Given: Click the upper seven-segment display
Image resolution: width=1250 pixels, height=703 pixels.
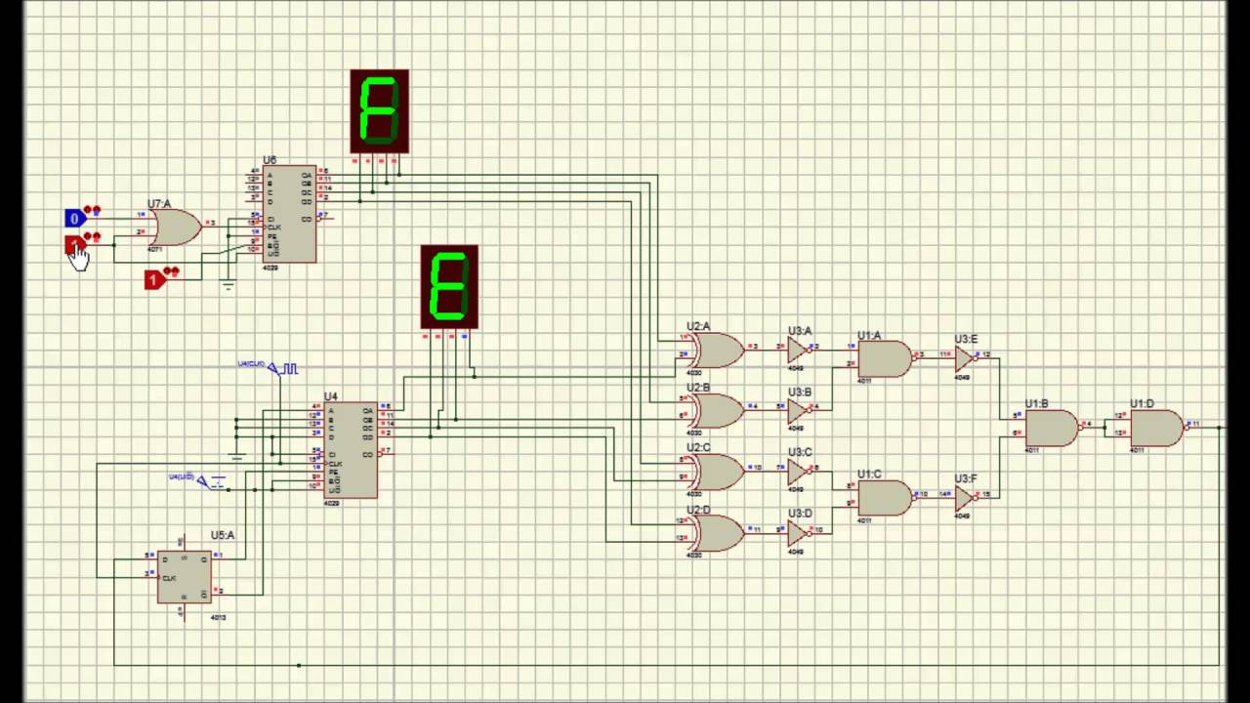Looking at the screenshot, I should [x=379, y=111].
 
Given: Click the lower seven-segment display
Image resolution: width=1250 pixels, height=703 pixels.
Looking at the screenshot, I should [x=449, y=286].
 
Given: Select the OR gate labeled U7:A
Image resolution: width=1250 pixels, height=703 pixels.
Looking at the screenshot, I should [x=174, y=227].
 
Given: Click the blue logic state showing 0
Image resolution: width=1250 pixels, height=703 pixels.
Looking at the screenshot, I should [x=74, y=218].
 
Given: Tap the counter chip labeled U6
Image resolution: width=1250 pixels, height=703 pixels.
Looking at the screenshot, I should [x=291, y=214].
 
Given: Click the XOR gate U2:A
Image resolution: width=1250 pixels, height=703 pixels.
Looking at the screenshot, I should [x=716, y=350].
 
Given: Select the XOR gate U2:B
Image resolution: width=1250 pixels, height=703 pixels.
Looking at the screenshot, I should [x=716, y=411].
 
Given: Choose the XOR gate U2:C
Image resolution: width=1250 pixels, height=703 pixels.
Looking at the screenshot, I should [x=716, y=472].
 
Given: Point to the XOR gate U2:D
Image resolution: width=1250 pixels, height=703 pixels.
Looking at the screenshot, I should [x=716, y=533].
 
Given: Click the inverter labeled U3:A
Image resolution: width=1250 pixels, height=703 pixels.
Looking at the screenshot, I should [x=798, y=350].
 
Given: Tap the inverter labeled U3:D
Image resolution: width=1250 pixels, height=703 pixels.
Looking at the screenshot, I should [x=798, y=533].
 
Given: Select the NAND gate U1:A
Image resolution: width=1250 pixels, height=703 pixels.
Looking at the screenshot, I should [x=883, y=358].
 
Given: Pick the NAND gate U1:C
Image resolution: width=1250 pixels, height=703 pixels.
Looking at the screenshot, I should [x=883, y=498].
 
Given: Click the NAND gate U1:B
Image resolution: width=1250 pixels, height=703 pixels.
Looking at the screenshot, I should [x=1051, y=428].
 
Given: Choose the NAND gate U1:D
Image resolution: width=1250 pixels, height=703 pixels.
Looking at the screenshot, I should [x=1155, y=428].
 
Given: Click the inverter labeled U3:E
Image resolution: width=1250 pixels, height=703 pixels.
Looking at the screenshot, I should [x=965, y=358].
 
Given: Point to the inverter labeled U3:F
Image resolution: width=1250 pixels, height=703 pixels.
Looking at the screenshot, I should [x=965, y=498].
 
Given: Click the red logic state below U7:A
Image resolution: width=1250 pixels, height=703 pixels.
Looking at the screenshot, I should [x=153, y=280].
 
